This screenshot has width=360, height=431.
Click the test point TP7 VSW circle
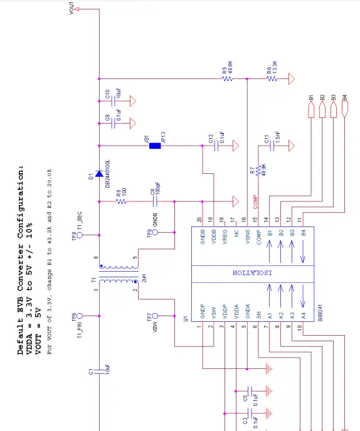(x=157, y=317)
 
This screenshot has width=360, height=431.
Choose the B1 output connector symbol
(x=311, y=110)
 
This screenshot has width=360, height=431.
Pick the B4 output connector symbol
(x=345, y=110)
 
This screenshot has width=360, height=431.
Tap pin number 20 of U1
(x=200, y=219)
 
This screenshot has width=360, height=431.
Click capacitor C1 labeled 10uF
(x=98, y=371)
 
